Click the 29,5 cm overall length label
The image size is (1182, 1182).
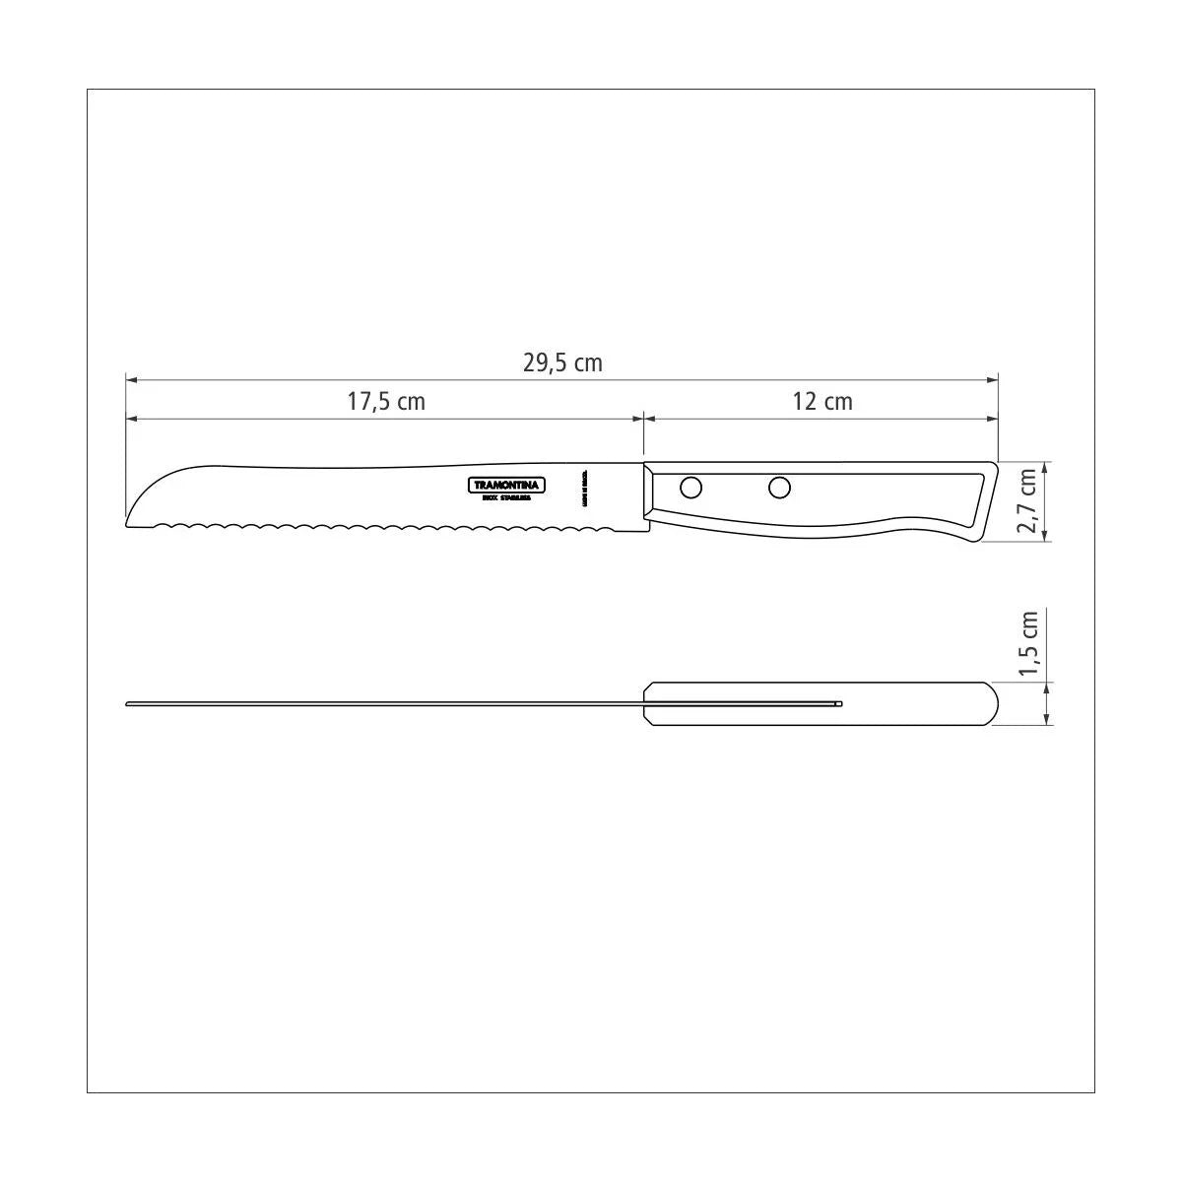pos(561,362)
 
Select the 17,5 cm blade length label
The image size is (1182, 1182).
pos(386,402)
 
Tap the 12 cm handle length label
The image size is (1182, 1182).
pos(822,402)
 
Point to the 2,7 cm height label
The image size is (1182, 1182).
pos(1027,500)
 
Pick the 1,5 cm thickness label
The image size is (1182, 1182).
pos(1027,645)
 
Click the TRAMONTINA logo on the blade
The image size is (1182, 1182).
pos(506,485)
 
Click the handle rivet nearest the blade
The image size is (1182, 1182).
pos(691,487)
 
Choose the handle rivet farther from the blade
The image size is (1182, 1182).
pos(779,487)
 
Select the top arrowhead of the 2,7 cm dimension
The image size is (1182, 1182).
pos(1046,466)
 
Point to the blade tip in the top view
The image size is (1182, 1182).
pos(128,703)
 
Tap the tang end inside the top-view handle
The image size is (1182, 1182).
pos(840,703)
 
